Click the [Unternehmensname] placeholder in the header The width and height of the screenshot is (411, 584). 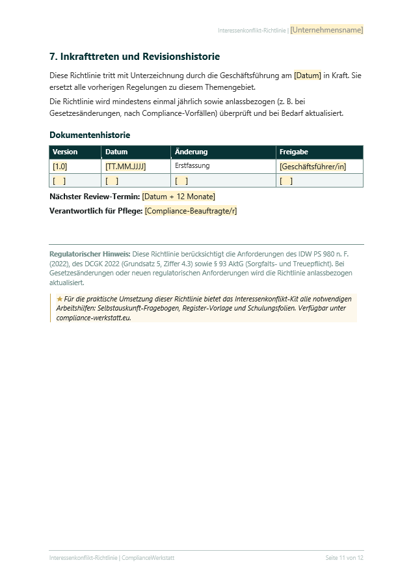tap(326, 30)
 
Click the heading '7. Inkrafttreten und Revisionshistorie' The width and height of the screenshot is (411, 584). tap(135, 57)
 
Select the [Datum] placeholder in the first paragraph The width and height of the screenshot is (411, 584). tap(308, 76)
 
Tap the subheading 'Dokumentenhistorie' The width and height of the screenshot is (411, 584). tap(90, 135)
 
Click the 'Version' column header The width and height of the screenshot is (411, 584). tap(65, 152)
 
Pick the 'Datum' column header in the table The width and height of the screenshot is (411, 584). tap(117, 152)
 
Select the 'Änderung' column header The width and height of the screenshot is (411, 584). tap(191, 152)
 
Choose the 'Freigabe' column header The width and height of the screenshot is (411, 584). tap(294, 152)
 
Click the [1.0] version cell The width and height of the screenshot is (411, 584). tap(60, 167)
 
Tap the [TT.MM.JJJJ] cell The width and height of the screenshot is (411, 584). tap(126, 167)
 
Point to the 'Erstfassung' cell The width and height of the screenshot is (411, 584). tap(192, 166)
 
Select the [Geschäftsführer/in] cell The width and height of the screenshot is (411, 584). tap(313, 167)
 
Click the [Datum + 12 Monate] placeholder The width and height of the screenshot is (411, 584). tap(178, 196)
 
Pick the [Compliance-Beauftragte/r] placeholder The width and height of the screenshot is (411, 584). tap(191, 210)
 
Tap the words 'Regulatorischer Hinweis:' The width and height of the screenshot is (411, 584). tap(90, 254)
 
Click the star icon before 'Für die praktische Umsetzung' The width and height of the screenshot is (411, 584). tap(60, 298)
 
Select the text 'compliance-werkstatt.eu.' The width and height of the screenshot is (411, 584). tap(94, 318)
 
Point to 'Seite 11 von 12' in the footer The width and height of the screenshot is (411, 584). tap(344, 558)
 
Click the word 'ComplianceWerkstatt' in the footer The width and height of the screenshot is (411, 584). tap(148, 558)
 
